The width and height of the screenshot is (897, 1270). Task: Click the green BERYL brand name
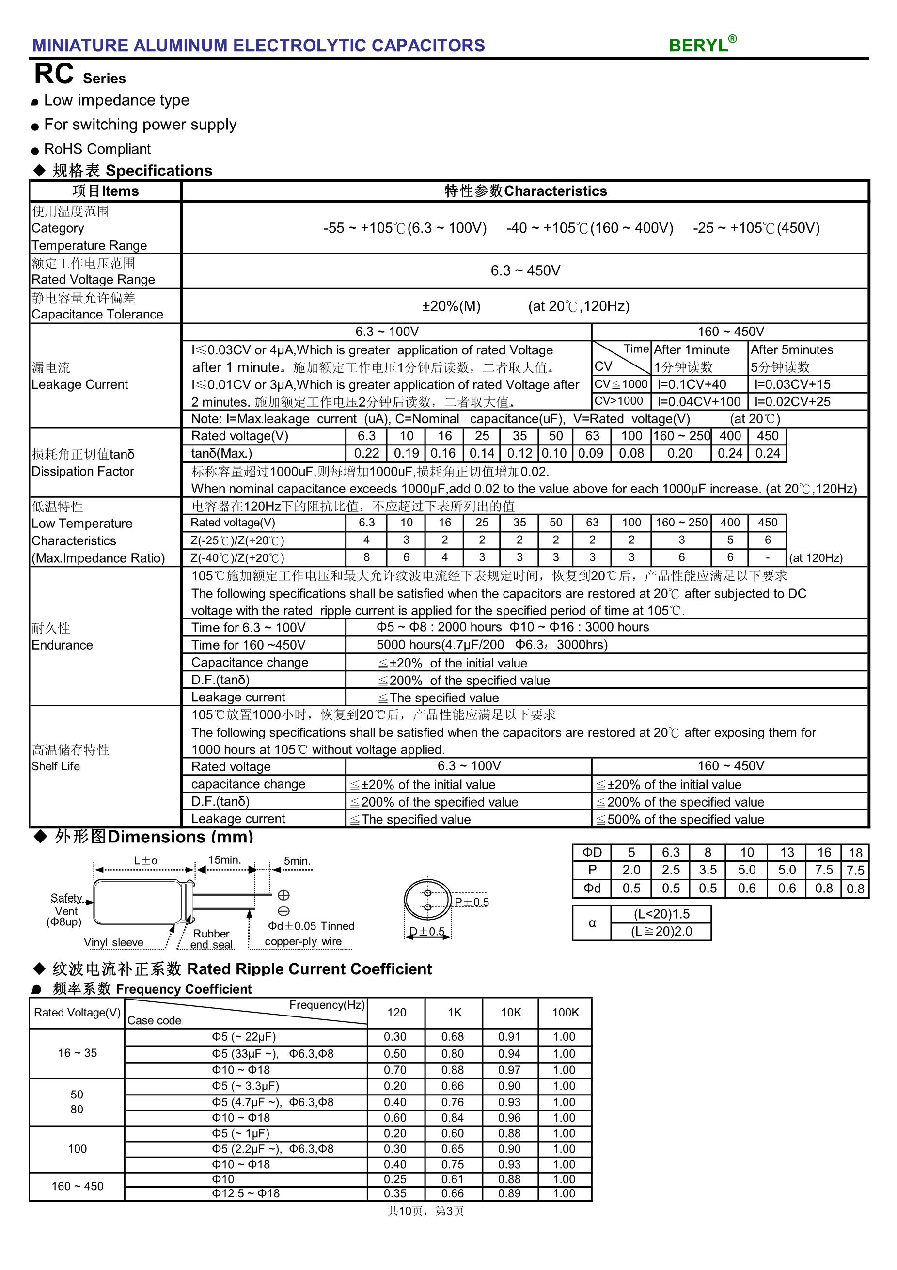[698, 46]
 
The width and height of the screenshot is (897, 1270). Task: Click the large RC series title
[54, 74]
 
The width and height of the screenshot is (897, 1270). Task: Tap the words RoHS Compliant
[97, 149]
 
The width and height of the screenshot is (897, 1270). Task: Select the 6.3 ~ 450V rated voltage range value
[525, 270]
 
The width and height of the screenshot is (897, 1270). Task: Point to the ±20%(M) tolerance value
[451, 306]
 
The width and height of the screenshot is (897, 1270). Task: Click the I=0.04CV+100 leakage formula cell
[698, 401]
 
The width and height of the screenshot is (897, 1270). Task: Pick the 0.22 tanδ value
[366, 454]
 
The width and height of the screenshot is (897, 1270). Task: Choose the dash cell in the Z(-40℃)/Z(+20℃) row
[767, 557]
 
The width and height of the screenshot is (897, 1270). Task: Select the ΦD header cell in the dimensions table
[592, 852]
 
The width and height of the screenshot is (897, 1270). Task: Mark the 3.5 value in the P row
[708, 870]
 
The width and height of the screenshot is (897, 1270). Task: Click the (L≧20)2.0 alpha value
[661, 932]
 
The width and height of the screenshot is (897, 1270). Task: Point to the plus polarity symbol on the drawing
[283, 895]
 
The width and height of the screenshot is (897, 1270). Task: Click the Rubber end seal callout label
[211, 938]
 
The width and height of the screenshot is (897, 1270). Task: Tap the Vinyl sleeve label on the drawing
[113, 942]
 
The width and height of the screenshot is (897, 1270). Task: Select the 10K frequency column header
[510, 1012]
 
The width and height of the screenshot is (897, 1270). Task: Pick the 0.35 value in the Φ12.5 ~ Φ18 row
[395, 1193]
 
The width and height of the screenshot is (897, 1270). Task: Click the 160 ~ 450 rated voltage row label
[78, 1186]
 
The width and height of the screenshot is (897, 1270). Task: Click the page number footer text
[425, 1211]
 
